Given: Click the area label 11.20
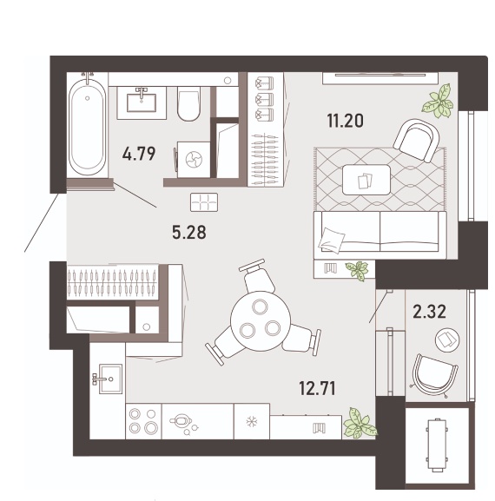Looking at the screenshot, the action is pyautogui.click(x=345, y=121).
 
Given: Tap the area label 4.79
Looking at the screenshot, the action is pyautogui.click(x=139, y=154).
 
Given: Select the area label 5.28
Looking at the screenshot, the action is pyautogui.click(x=188, y=233).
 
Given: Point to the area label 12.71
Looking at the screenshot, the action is pyautogui.click(x=317, y=388).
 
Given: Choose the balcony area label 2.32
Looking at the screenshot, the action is pyautogui.click(x=429, y=312).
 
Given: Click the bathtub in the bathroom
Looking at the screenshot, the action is pyautogui.click(x=87, y=126).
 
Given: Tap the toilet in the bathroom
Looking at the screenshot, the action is pyautogui.click(x=188, y=103).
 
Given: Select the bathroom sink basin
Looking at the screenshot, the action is pyautogui.click(x=142, y=102).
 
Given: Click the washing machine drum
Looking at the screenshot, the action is pyautogui.click(x=194, y=160).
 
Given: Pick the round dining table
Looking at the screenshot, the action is pyautogui.click(x=261, y=320).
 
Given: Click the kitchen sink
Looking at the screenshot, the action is pyautogui.click(x=110, y=379).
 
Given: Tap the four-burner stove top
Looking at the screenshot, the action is pyautogui.click(x=143, y=421).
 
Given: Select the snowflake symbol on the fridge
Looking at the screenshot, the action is pyautogui.click(x=252, y=422).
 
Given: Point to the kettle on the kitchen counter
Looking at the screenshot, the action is pyautogui.click(x=181, y=421).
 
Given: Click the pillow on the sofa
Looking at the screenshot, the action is pyautogui.click(x=331, y=241).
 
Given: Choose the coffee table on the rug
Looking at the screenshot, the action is pyautogui.click(x=366, y=180).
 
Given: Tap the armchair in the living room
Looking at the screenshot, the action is pyautogui.click(x=416, y=140).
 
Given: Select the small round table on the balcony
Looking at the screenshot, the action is pyautogui.click(x=447, y=340).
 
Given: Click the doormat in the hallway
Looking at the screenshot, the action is pyautogui.click(x=204, y=202).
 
